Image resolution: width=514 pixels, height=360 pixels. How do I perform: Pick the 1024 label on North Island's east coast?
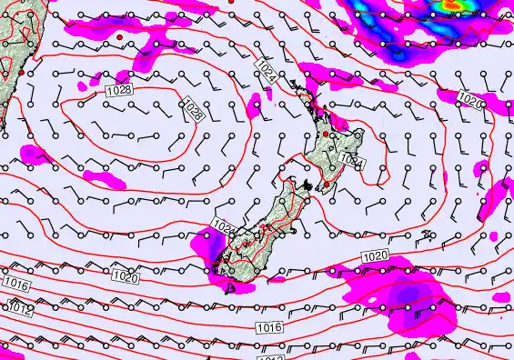352,161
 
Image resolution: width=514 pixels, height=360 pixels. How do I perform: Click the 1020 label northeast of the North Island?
469,98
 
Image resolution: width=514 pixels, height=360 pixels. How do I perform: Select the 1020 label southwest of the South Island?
125,276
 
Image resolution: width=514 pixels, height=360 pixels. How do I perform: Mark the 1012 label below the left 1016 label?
20,309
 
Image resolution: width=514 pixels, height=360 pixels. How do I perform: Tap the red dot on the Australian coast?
20,72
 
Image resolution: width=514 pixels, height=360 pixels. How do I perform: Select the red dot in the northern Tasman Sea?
119,36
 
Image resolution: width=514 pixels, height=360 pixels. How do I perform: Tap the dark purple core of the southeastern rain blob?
414,295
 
